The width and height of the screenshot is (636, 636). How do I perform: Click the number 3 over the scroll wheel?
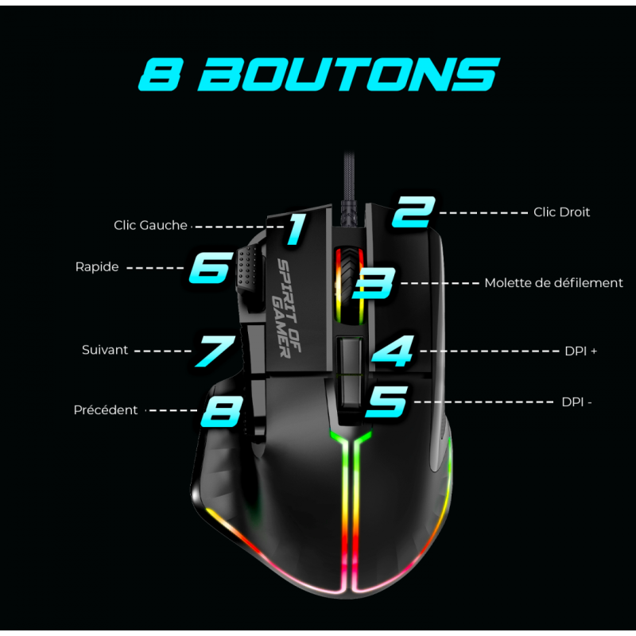[x=376, y=283]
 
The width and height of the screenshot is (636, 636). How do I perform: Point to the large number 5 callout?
[x=386, y=401]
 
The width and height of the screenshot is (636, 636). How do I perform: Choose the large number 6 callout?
[x=210, y=268]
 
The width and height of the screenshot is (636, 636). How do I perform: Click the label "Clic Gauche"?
[x=150, y=226]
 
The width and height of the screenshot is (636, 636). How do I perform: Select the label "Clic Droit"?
[x=561, y=212]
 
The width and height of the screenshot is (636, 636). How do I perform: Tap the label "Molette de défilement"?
[x=553, y=283]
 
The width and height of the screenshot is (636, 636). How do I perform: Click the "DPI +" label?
[x=580, y=351]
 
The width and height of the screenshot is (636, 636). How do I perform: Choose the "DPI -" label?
[x=576, y=402]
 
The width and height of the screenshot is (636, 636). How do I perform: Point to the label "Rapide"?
[x=97, y=267]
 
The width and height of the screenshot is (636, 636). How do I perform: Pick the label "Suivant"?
[x=105, y=350]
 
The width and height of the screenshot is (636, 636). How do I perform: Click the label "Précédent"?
[x=106, y=410]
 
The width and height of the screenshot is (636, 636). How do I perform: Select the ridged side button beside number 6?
[x=246, y=270]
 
